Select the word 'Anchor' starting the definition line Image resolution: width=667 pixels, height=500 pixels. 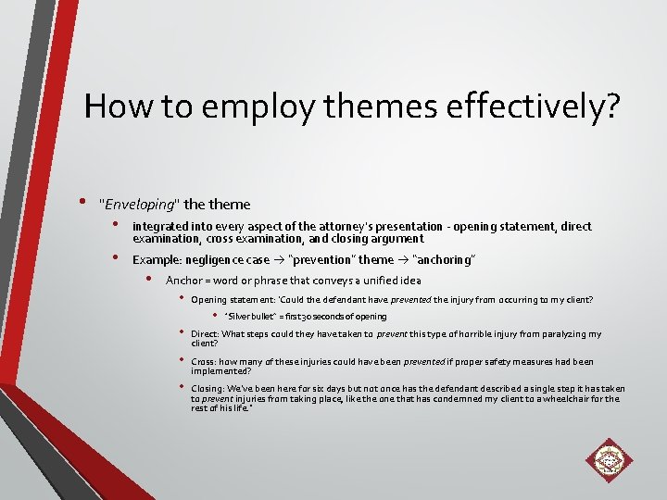[x=182, y=281]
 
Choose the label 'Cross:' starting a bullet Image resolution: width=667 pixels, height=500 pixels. [x=203, y=362]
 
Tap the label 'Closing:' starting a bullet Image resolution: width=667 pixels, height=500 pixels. [x=207, y=390]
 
